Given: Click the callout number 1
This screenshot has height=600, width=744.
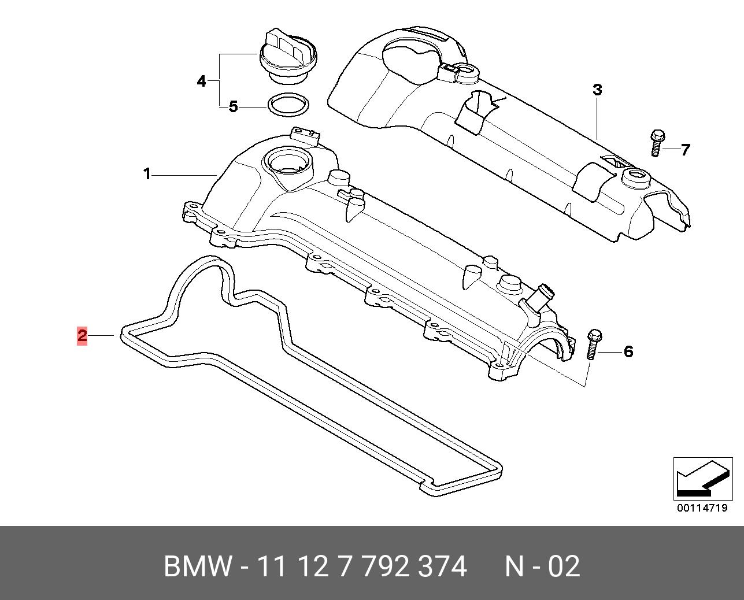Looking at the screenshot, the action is click(x=147, y=174).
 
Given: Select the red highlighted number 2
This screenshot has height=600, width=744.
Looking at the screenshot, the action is click(x=82, y=335).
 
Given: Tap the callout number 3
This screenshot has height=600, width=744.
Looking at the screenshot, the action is click(x=597, y=90).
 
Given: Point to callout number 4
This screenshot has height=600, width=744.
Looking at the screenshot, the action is click(x=202, y=82).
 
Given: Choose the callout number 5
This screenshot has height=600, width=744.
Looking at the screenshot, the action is click(x=234, y=107).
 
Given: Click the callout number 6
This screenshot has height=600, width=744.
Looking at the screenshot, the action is click(x=628, y=351).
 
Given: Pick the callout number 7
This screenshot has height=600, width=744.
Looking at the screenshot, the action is click(x=685, y=150).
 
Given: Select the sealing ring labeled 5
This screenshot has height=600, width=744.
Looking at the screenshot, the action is click(x=288, y=105).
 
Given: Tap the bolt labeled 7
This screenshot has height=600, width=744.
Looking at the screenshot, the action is click(x=657, y=143).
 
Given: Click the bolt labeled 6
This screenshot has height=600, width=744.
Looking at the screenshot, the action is click(x=594, y=344).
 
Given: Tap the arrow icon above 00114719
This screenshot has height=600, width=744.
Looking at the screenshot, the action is click(x=703, y=479).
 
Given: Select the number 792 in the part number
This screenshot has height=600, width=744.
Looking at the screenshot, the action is click(x=384, y=566).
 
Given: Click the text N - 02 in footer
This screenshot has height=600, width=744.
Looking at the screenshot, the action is click(x=542, y=566).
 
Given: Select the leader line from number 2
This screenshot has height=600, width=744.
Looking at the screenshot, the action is click(x=101, y=335).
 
